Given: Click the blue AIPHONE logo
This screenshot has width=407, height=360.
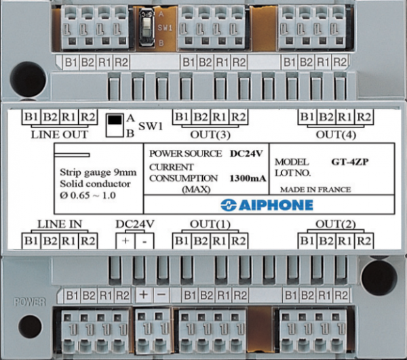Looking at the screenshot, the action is coord(267,205).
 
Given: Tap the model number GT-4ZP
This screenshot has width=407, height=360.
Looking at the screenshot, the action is coord(350,162).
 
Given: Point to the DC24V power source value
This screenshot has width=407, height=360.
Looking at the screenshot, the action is coord(246,153).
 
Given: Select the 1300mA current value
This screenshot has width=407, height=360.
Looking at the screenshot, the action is coord(248,178).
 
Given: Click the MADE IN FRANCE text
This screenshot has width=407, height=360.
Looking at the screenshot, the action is coord(315,190).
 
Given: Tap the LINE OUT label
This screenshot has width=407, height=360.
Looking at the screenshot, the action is coord(60,135).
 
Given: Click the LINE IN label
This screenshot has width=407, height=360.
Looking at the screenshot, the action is coord(60,224).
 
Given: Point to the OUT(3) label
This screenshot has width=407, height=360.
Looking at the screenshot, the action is coord(210,135).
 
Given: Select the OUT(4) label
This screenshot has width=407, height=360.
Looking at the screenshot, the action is coord(336,135).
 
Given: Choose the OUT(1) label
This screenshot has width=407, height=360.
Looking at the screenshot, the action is coord(210,224).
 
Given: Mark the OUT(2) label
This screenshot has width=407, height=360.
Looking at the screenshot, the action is coord(336,224).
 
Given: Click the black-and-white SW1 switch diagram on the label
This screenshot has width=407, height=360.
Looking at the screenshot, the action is coord(115,125).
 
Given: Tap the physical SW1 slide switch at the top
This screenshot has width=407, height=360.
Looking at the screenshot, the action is coord(147,28).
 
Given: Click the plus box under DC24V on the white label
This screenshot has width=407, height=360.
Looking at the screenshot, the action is coord(125,241).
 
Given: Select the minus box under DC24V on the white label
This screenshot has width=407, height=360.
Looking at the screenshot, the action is coord(144,241).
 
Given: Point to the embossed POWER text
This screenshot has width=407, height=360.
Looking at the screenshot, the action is coord(30,302).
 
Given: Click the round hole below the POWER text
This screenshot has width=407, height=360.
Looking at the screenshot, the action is coord(30,327).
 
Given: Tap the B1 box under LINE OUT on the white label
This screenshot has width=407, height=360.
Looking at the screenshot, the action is coord(31,117).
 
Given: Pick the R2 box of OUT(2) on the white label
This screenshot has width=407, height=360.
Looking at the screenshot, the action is coord(364,241).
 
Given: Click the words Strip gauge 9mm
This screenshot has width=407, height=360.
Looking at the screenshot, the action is coord(98,172).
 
